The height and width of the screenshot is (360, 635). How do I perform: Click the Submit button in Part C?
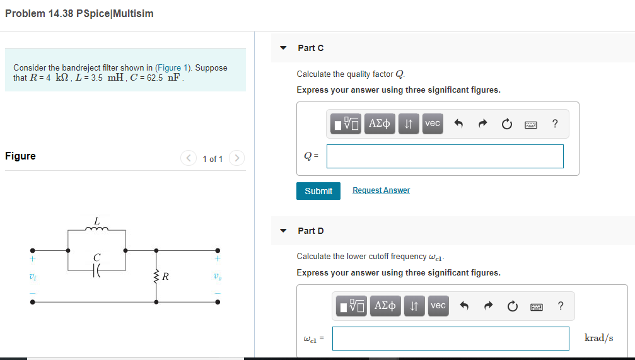[318, 191]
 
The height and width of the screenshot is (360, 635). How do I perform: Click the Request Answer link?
[381, 190]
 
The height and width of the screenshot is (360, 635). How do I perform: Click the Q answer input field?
[445, 156]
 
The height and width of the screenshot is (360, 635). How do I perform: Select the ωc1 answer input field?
[450, 338]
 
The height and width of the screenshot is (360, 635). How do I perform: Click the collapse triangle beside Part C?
[284, 48]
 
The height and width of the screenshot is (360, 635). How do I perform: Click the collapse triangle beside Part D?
[284, 231]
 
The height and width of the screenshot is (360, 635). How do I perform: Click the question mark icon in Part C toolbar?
[554, 124]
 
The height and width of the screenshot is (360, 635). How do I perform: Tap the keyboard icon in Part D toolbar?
[537, 306]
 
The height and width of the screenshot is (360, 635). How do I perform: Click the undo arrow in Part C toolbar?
[459, 124]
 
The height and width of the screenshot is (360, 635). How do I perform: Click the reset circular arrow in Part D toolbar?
[513, 306]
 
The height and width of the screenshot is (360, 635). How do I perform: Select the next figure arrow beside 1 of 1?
[236, 159]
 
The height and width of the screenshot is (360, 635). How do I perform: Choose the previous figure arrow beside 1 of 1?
[189, 159]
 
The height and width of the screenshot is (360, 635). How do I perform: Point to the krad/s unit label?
[598, 338]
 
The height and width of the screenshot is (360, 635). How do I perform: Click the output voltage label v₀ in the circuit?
[218, 277]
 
